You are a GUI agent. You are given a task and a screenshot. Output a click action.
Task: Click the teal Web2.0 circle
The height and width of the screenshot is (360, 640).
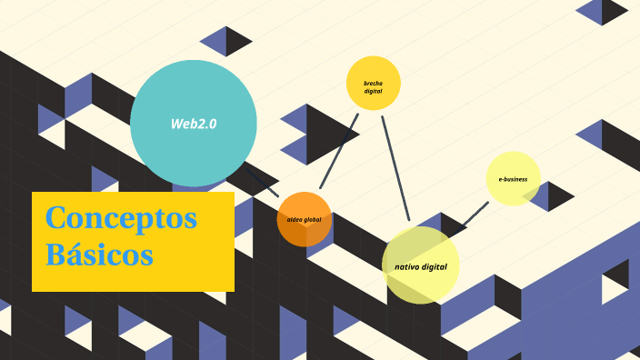(194, 124)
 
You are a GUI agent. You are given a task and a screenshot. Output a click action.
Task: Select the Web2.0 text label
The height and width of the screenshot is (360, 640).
(194, 124)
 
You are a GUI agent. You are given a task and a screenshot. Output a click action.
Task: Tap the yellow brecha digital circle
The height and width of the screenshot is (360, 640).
(373, 84)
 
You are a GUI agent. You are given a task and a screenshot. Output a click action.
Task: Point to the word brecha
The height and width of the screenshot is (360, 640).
(373, 84)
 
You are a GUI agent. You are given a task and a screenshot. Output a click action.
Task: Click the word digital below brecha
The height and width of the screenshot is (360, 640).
(373, 92)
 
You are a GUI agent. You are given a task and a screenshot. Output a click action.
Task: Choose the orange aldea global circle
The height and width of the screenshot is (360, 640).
(304, 219)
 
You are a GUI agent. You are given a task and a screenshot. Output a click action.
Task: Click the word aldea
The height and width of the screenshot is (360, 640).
(295, 220)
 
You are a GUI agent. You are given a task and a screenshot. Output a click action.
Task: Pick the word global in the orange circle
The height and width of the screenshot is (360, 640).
(313, 220)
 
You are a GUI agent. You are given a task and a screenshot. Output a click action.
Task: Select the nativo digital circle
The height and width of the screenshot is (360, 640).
(420, 265)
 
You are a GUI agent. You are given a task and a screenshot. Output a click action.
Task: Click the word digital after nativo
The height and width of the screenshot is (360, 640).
(434, 267)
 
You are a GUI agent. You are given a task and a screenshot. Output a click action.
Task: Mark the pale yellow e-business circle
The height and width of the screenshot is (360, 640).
(513, 179)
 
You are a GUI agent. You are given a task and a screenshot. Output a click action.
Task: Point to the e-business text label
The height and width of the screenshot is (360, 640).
(513, 179)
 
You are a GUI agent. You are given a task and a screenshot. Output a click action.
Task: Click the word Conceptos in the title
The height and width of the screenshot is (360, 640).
(121, 218)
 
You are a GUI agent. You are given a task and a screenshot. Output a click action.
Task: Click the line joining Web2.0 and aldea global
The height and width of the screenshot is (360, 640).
(263, 184)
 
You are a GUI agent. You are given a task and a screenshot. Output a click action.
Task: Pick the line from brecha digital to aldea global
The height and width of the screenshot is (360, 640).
(339, 151)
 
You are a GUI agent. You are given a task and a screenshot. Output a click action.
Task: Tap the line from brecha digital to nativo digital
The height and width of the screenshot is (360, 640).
(395, 168)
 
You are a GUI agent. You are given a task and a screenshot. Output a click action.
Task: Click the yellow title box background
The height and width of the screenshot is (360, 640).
(133, 277)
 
